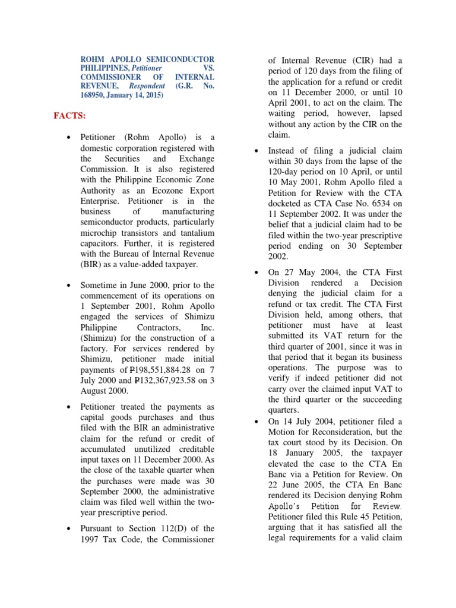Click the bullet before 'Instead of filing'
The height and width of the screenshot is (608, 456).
pyautogui.click(x=256, y=151)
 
